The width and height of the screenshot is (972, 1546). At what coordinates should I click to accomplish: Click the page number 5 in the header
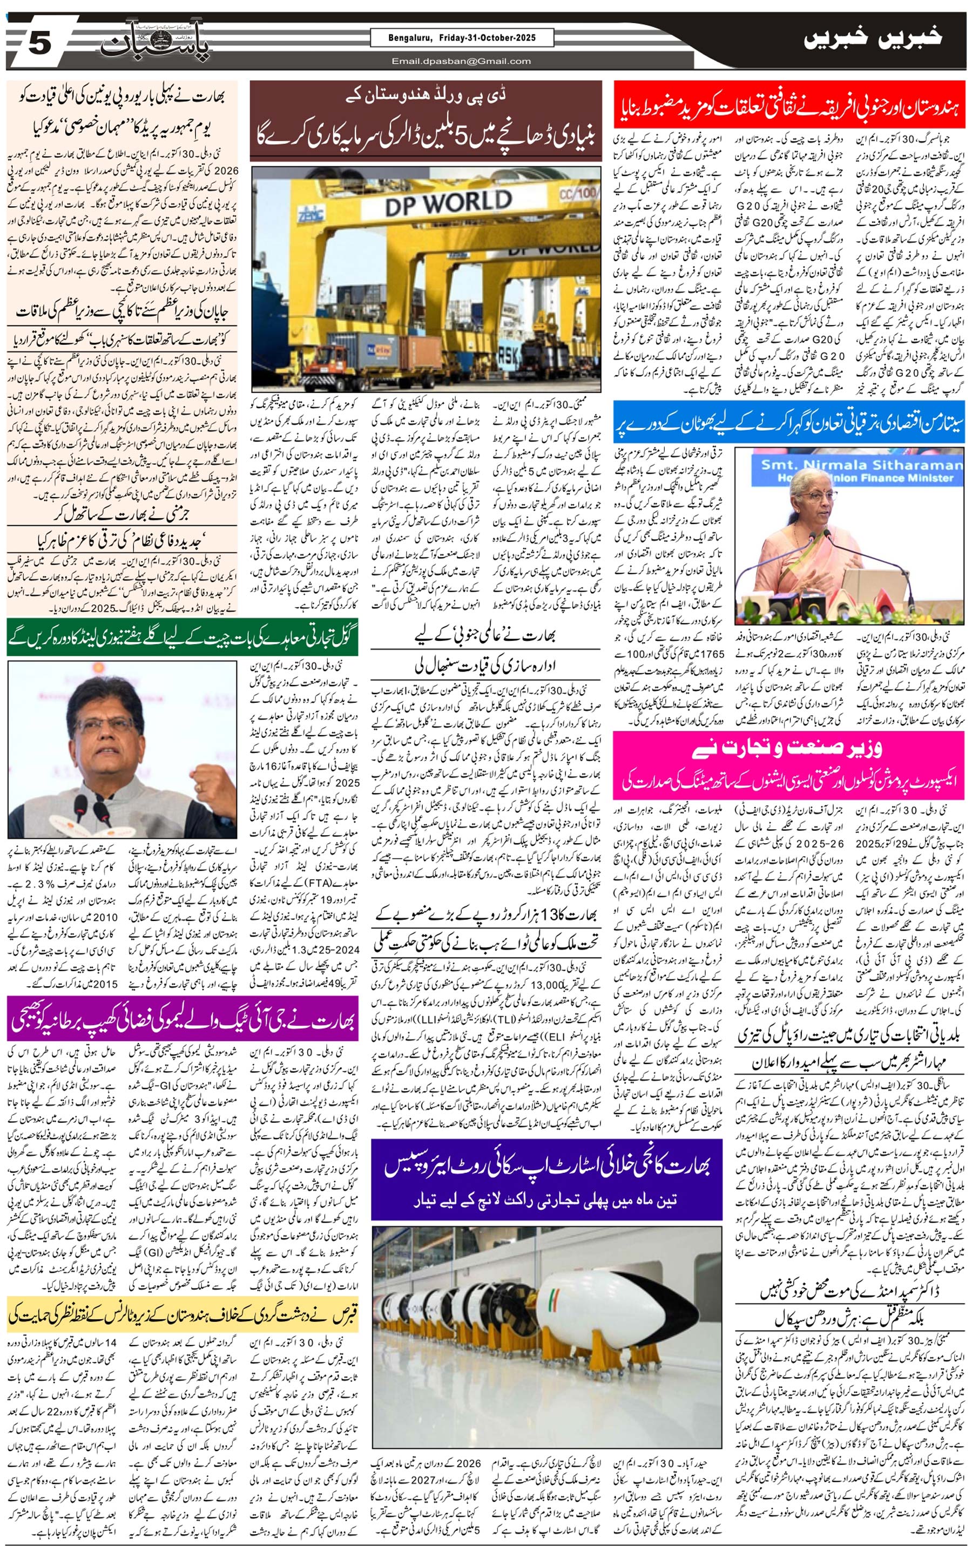tap(38, 44)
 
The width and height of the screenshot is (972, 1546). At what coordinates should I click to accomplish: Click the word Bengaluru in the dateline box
tap(409, 38)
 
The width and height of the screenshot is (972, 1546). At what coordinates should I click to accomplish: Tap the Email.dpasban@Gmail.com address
tap(461, 62)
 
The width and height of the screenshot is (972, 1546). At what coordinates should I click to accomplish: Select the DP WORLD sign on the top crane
tap(448, 204)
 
